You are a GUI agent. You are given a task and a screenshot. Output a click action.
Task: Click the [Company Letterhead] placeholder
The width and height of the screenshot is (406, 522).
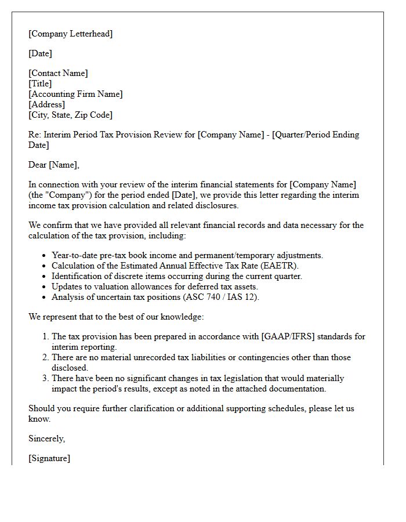coord(71,34)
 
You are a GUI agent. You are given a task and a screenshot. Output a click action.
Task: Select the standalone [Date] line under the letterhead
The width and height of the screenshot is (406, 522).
coord(40,53)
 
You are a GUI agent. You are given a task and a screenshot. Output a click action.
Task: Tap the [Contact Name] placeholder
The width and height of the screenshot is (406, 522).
coord(58,73)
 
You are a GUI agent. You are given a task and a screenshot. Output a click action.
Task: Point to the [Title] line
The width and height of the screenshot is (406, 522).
coord(40,84)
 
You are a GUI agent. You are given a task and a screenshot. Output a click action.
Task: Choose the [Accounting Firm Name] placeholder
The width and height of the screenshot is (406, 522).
coord(75,94)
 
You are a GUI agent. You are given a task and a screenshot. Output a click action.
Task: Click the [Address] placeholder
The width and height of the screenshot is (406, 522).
coord(46,104)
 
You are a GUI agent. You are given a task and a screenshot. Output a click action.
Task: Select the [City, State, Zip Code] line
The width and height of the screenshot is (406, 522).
coord(70,115)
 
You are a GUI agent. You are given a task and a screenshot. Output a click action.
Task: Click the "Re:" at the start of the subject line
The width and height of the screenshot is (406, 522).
coord(35,135)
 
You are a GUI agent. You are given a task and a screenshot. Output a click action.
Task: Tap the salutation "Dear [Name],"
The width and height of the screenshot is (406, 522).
coord(54,165)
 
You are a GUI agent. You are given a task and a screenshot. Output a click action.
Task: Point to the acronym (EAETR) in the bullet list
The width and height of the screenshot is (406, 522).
coord(278,266)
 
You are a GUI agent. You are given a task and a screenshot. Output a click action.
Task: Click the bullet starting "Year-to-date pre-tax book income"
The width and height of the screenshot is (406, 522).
coord(187,255)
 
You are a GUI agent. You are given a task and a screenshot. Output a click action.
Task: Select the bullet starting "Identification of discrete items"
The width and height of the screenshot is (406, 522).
coord(177,276)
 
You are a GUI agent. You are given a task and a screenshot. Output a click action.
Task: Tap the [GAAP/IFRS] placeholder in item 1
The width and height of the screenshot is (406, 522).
coord(288,336)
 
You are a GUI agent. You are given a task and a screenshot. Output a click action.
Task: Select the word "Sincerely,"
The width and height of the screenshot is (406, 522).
coord(47,438)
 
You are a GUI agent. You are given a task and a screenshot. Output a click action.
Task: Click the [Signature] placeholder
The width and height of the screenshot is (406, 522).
coord(49,458)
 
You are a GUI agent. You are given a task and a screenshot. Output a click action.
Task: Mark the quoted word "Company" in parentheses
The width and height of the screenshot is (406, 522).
coord(67,195)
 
